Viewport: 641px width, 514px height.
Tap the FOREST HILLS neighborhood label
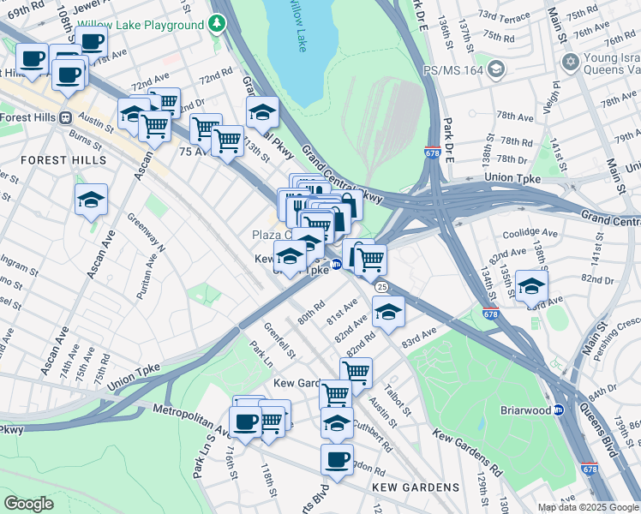63,160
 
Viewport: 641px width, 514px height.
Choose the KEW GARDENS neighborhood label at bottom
416,487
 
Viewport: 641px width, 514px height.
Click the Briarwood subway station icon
559,409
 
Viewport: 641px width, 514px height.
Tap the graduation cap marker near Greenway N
91,200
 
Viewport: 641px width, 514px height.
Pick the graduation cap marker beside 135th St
531,287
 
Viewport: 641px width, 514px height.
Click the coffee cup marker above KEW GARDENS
337,459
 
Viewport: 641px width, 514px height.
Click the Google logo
29,504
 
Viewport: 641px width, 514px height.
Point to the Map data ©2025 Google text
587,507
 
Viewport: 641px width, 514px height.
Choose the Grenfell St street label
279,340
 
